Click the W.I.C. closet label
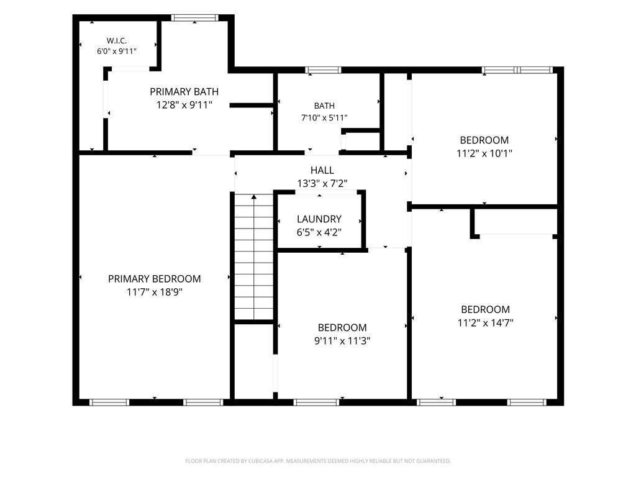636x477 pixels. [x=117, y=40]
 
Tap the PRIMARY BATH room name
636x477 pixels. [x=184, y=92]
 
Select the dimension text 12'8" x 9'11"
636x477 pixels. [x=184, y=105]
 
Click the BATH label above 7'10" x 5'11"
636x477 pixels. [x=324, y=106]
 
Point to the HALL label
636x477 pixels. [x=322, y=170]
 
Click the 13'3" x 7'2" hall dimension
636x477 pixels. [x=322, y=184]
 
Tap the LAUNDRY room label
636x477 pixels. [x=319, y=219]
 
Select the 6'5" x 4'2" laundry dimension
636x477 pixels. [x=319, y=232]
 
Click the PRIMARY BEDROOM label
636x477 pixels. [x=155, y=279]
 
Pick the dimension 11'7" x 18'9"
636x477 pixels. [x=155, y=292]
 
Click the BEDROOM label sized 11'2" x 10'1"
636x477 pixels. [x=484, y=140]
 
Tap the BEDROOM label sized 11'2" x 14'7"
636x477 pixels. [x=486, y=309]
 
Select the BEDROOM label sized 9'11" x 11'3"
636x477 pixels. [x=342, y=328]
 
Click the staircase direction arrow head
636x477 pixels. [x=254, y=197]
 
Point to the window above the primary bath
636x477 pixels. [x=194, y=18]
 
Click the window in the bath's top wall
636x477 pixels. [x=323, y=70]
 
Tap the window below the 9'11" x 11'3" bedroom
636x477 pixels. [x=316, y=402]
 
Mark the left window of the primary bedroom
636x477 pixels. [x=109, y=402]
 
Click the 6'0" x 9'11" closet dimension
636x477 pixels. [x=117, y=52]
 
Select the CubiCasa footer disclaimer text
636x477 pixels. [x=318, y=461]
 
